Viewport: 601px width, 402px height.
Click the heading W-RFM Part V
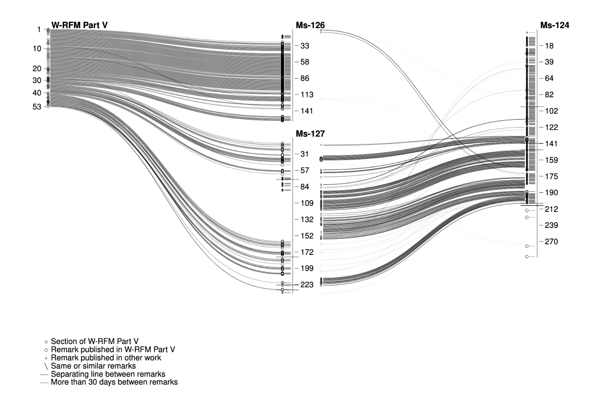(x=79, y=25)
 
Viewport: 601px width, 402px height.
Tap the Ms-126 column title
(x=310, y=25)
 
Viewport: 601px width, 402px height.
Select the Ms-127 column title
(x=310, y=134)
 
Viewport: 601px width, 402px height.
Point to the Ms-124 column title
(x=555, y=25)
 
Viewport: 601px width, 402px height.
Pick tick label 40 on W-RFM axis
(x=37, y=93)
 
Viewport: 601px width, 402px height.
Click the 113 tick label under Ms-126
(x=307, y=95)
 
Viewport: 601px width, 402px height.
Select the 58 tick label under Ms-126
(x=305, y=62)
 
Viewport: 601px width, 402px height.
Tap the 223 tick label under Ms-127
(x=307, y=285)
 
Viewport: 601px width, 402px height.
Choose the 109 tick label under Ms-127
(x=307, y=203)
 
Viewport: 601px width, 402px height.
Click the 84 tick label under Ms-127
(x=305, y=187)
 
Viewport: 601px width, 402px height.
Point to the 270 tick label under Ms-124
(x=551, y=242)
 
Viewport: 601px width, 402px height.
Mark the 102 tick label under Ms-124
(x=551, y=111)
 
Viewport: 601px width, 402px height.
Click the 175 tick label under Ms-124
(x=551, y=176)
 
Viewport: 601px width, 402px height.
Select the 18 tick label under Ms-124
(x=549, y=46)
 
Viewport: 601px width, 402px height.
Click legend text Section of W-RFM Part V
(x=95, y=341)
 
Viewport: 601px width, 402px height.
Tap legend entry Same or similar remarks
(x=93, y=366)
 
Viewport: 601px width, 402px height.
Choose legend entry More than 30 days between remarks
(x=114, y=382)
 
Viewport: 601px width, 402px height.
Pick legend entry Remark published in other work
(x=106, y=358)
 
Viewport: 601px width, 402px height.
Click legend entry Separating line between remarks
(x=108, y=374)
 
